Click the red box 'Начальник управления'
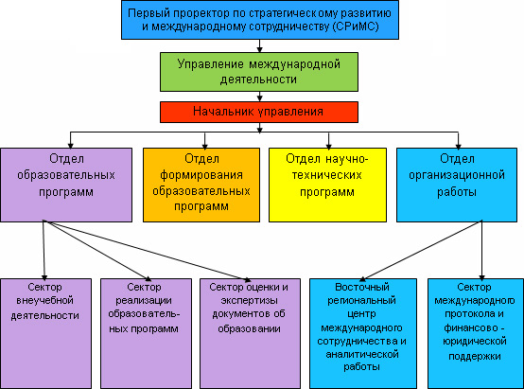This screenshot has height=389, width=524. [259, 112]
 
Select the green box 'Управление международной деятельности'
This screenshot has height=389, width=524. [259, 72]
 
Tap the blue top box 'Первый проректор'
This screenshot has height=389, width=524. [260, 20]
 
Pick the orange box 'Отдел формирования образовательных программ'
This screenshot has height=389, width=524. [201, 185]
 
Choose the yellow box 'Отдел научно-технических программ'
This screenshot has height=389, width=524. [327, 185]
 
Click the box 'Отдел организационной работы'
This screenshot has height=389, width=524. [457, 185]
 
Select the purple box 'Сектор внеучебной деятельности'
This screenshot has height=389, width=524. [45, 333]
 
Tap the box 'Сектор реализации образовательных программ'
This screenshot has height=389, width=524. [146, 333]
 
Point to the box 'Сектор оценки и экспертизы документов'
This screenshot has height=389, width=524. [250, 333]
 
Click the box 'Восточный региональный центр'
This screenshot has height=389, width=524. [363, 333]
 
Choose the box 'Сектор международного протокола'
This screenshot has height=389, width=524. [476, 333]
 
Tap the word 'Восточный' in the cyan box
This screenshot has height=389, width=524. [362, 287]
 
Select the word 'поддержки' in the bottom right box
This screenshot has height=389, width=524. [475, 357]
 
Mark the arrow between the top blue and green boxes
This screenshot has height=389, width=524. [260, 45]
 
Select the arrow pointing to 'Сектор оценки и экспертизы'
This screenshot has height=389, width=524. [147, 250]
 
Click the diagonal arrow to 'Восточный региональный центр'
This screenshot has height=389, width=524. [421, 250]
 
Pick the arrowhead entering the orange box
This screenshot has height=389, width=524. [205, 146]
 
